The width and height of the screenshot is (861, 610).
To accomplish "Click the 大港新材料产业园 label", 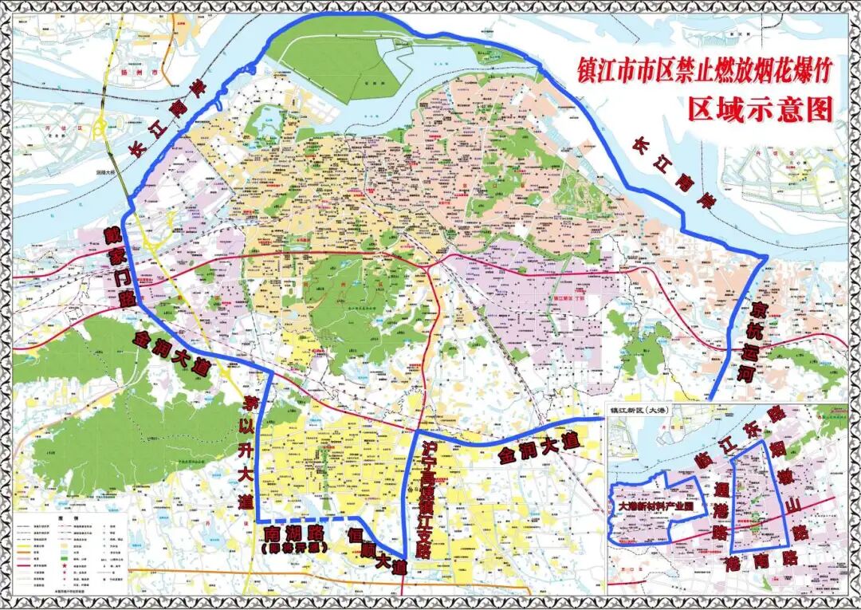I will coord(655,506).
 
